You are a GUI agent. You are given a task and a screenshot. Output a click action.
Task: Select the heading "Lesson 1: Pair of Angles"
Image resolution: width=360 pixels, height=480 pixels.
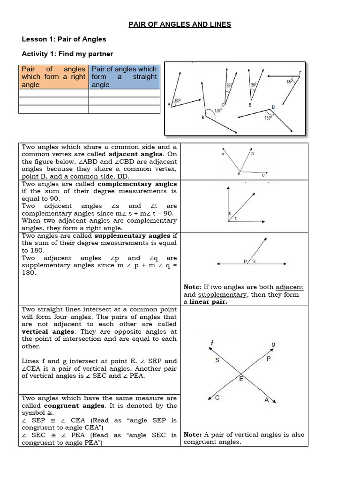(64, 39)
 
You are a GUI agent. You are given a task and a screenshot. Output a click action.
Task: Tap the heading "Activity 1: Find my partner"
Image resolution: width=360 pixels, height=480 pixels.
(67, 54)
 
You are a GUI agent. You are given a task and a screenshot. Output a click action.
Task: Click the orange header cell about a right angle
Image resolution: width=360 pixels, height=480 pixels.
(53, 76)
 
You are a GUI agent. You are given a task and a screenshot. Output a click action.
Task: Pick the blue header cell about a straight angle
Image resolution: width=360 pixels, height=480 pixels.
(124, 76)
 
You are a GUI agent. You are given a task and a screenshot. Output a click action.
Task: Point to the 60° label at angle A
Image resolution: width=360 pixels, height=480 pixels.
(178, 101)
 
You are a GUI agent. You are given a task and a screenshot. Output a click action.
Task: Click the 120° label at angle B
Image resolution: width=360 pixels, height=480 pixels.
(218, 111)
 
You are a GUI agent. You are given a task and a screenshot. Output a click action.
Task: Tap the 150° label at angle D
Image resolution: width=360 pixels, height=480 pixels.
(268, 118)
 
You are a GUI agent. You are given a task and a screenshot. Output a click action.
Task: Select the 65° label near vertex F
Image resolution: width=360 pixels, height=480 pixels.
(289, 81)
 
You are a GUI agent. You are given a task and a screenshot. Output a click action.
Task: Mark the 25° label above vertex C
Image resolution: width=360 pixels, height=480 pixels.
(229, 86)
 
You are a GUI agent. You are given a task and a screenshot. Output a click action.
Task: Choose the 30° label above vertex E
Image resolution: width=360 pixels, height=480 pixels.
(254, 85)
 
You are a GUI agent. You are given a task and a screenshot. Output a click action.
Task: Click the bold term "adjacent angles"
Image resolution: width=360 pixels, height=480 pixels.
(136, 154)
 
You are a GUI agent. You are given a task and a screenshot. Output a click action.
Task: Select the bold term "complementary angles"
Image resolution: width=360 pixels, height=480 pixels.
(143, 184)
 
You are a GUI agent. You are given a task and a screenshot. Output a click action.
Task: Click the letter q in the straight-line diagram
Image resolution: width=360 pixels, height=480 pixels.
(254, 262)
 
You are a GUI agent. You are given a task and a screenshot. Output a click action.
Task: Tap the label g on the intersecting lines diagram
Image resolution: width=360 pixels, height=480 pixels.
(273, 345)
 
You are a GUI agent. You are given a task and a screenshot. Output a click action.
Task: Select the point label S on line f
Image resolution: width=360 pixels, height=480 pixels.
(217, 360)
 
